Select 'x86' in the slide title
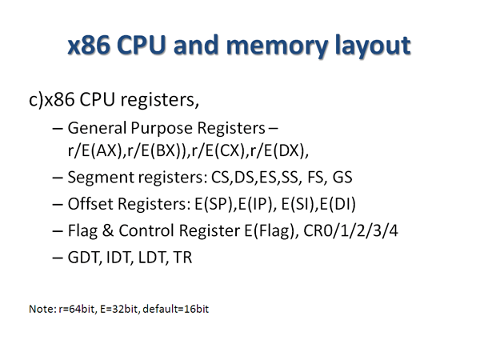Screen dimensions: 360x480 click(x=92, y=46)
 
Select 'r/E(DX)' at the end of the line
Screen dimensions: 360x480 click(x=280, y=150)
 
